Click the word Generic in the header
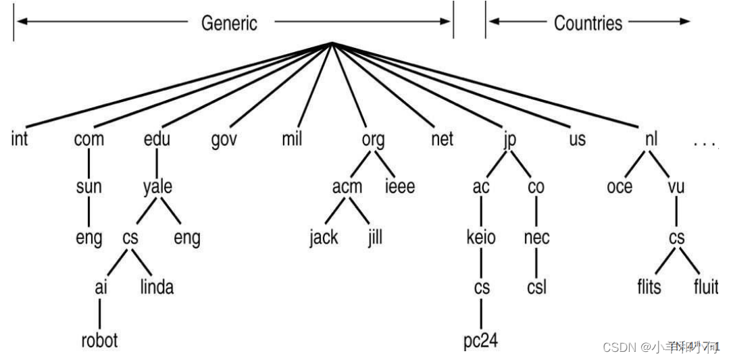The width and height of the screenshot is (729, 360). coord(229,23)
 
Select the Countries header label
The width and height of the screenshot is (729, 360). coord(588,23)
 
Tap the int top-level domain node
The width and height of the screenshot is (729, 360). coord(20,140)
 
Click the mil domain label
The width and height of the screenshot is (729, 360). coord(292,140)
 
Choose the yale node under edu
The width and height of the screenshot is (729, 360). coord(157,187)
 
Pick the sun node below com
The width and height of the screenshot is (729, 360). coord(89,187)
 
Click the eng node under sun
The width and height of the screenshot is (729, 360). coord(89,238)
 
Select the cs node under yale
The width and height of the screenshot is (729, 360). coord(130,238)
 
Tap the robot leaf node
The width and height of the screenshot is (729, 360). coord(99,339)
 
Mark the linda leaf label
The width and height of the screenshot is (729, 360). coord(157,287)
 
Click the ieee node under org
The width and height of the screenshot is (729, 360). coord(399,187)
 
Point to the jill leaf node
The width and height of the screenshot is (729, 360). coord(374,238)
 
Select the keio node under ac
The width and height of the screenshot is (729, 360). coord(481,238)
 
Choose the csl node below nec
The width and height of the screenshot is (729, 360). coord(536,287)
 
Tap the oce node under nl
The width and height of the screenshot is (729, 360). coord(619,187)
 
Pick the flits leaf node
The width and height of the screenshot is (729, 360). coord(649,287)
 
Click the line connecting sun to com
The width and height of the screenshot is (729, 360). coord(89,163)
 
